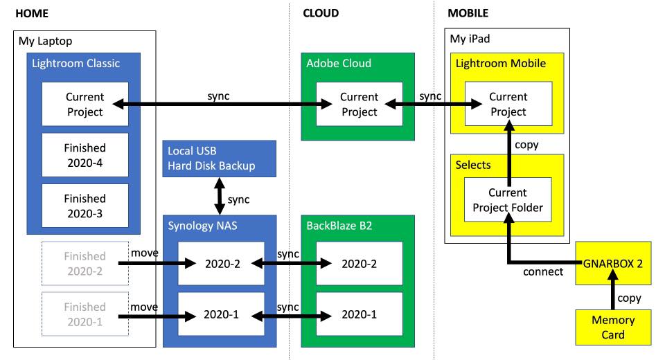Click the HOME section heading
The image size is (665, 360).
tap(31, 13)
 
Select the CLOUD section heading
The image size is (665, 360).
tap(321, 13)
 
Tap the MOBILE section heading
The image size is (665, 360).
tap(468, 13)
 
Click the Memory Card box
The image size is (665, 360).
tap(613, 327)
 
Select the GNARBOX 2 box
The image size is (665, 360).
tap(613, 263)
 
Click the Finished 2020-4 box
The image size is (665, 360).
tap(85, 155)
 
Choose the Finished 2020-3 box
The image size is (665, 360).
tap(85, 206)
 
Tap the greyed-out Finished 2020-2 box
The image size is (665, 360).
tap(85, 263)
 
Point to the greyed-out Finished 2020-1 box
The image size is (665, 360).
tap(85, 314)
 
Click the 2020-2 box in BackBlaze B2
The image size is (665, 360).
tap(359, 263)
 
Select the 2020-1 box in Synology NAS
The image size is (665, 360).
tap(221, 314)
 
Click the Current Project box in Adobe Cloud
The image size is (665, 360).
tap(359, 105)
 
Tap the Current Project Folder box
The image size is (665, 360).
tap(508, 199)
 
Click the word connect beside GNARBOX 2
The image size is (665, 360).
tap(544, 272)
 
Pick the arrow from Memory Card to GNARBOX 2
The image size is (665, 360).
tap(613, 296)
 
